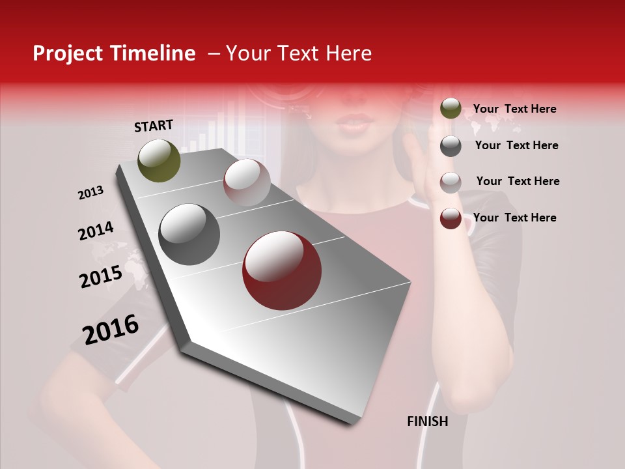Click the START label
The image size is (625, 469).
point(154,126)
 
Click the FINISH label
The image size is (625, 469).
point(427,421)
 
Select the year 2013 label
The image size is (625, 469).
point(90,193)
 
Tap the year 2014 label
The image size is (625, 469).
point(96,231)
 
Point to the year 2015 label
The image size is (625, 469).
point(101,277)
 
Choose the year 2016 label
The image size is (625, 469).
point(111,330)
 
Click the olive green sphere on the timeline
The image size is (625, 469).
point(159,160)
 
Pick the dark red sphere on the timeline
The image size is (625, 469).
point(282,270)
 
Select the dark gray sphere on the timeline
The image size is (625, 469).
point(189,234)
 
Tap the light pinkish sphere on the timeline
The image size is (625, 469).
point(247,182)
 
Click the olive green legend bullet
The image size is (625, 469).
point(451,109)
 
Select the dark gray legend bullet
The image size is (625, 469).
point(451,146)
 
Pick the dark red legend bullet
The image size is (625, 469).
point(451,218)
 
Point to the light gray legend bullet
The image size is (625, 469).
point(451,182)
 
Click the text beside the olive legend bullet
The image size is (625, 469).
point(514,109)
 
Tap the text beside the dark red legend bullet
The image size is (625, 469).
point(514,218)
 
